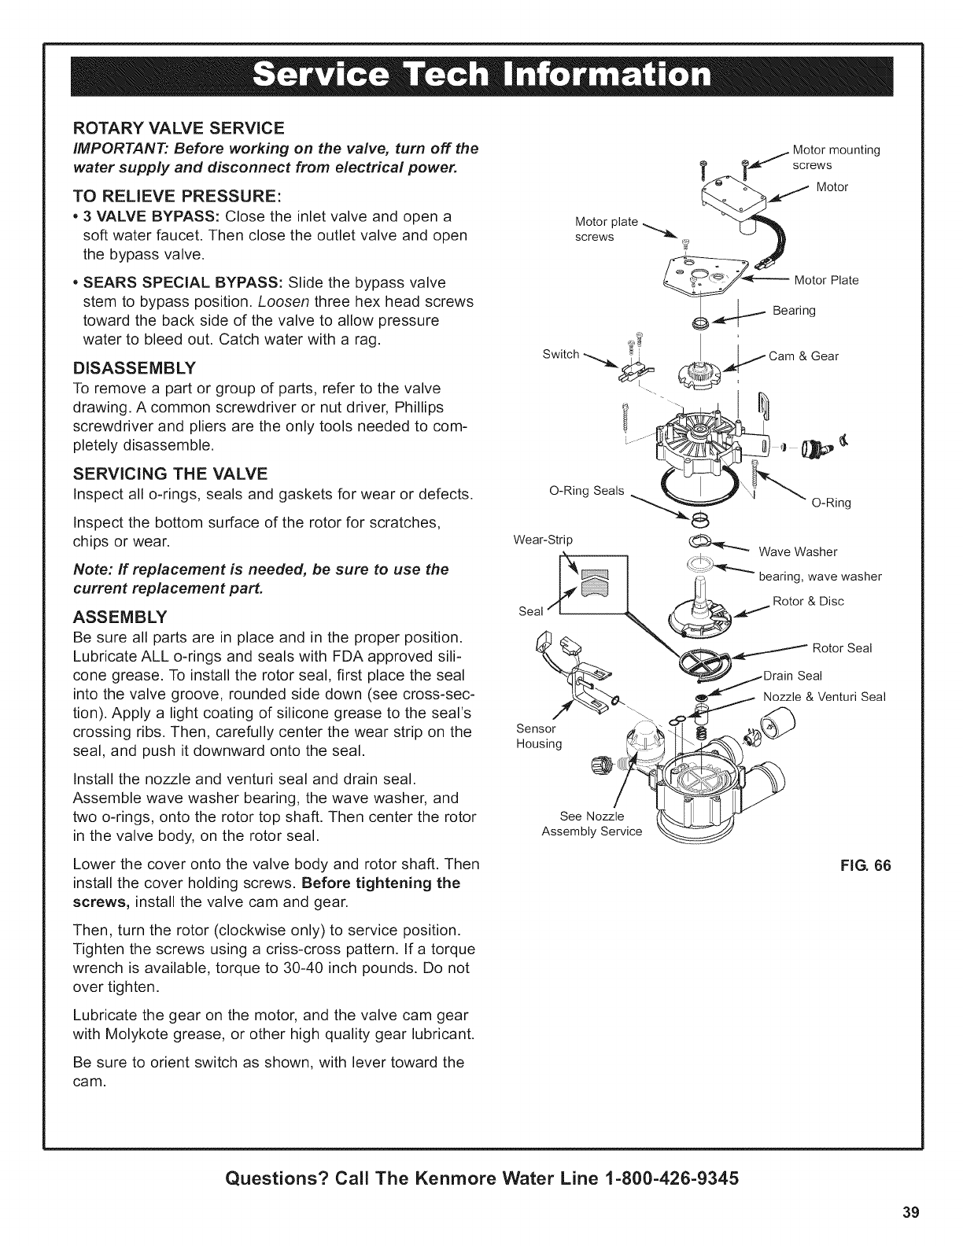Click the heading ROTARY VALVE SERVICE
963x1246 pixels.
coord(178,127)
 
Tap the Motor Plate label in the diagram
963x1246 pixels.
coord(826,280)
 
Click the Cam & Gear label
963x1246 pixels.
coord(803,356)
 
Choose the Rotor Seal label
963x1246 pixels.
coord(842,648)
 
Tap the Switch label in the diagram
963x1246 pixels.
coord(560,354)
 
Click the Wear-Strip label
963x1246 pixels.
coord(543,540)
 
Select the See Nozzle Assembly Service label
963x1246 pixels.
coord(592,823)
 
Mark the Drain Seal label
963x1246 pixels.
coord(793,676)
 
